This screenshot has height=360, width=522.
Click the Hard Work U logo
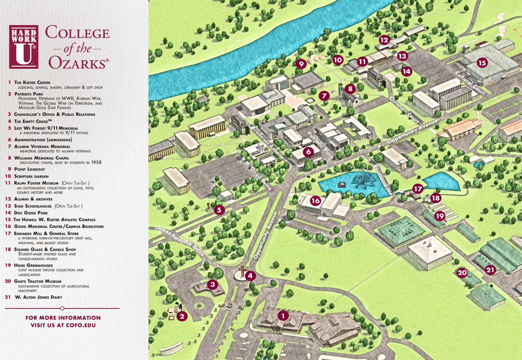click(x=24, y=47)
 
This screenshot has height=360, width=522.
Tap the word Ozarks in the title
click(x=78, y=63)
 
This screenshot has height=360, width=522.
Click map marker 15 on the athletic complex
click(x=482, y=62)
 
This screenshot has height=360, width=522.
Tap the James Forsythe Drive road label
click(x=179, y=241)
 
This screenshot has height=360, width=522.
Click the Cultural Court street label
click(x=470, y=83)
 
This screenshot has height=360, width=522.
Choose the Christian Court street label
click(x=404, y=109)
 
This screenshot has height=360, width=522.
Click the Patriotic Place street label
click(x=320, y=145)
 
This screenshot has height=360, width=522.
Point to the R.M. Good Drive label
click(x=256, y=173)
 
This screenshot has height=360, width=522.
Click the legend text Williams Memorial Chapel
click(x=41, y=158)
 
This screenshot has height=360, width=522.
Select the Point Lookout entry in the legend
click(x=29, y=169)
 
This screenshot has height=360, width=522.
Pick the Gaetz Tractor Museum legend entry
click(x=38, y=281)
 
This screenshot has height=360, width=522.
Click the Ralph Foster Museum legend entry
click(x=36, y=183)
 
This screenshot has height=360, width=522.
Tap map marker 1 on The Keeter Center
click(x=283, y=316)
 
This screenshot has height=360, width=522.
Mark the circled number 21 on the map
click(x=490, y=270)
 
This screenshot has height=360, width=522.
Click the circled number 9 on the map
click(x=301, y=63)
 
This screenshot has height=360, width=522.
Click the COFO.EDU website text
click(x=81, y=325)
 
